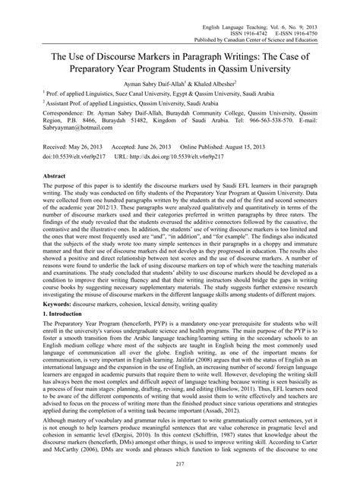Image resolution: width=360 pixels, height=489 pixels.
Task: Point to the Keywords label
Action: (33, 322)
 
